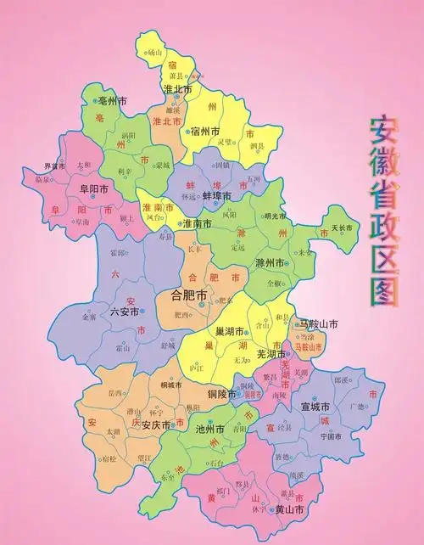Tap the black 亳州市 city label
[x=110, y=100]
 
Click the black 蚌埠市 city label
[x=215, y=196]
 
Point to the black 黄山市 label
[x=290, y=509]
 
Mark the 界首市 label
[x=55, y=166]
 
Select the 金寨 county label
[x=89, y=317]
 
